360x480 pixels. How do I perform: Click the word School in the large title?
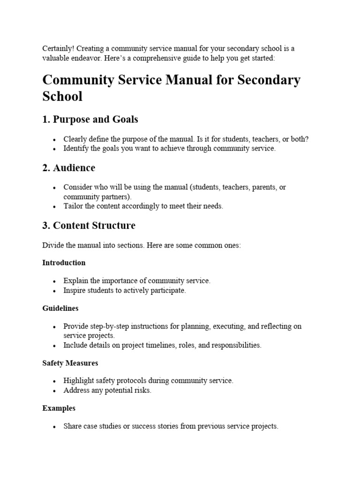62,96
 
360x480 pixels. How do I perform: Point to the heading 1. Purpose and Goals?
90,120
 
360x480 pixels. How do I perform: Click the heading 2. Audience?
68,168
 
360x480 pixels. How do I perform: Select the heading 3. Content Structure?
89,225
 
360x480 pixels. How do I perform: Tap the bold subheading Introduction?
64,262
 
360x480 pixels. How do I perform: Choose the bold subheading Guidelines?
60,308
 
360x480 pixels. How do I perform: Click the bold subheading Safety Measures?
70,363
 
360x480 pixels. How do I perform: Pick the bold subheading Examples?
59,408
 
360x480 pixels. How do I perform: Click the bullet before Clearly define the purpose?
55,140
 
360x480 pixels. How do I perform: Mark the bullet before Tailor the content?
55,207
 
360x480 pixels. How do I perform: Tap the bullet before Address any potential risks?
55,391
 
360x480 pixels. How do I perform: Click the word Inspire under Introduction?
75,290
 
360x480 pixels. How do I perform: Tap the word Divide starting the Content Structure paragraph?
53,246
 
